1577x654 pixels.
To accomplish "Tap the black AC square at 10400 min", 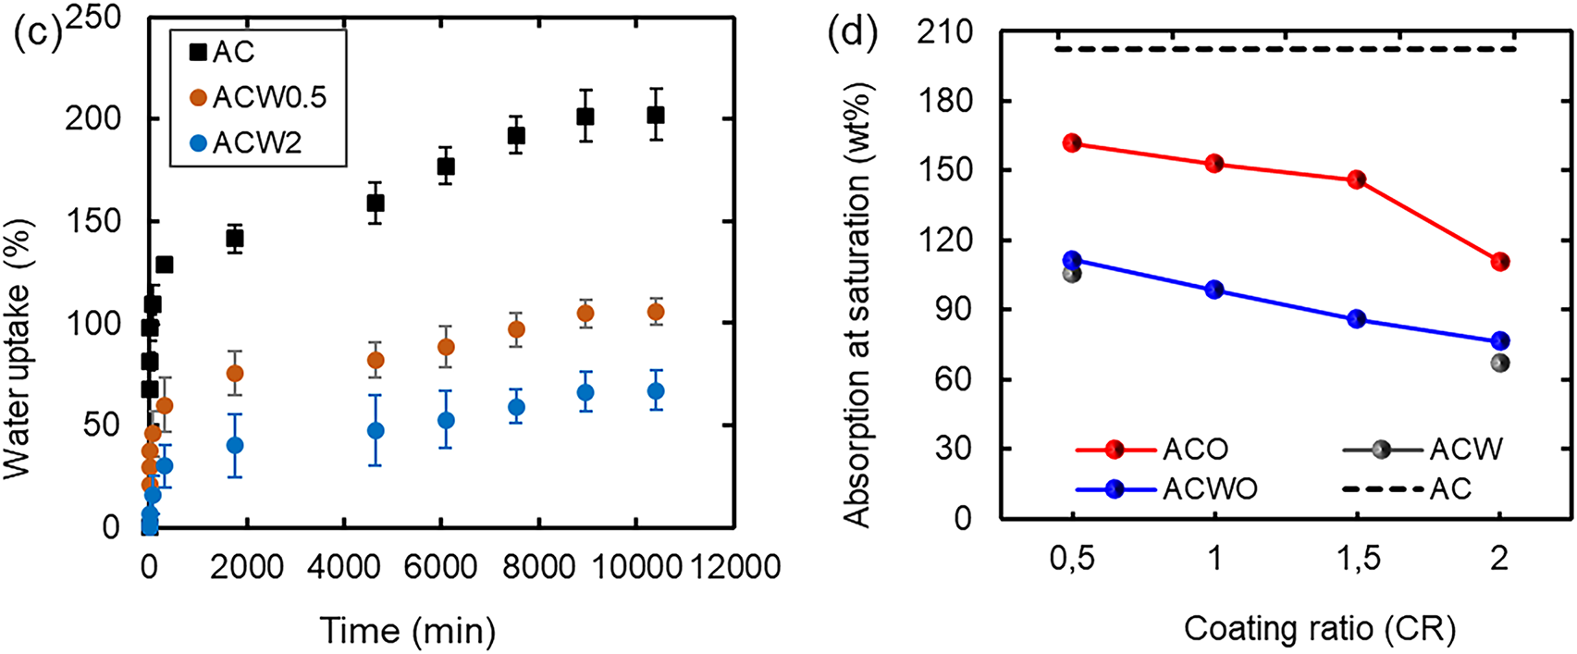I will tap(656, 115).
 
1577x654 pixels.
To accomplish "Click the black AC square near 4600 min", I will tap(376, 203).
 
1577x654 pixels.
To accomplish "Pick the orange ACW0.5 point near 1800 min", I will tap(235, 374).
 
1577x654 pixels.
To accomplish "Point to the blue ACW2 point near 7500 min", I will tap(516, 407).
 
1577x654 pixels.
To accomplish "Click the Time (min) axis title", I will tap(408, 631).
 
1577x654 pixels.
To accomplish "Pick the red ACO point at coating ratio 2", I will tap(1500, 262).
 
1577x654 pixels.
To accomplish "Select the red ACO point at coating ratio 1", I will tap(1215, 164).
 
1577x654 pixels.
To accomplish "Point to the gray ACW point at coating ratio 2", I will tap(1500, 364).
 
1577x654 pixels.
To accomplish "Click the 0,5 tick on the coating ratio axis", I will tap(1072, 559).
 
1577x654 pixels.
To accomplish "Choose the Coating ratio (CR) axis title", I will tap(1320, 629).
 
